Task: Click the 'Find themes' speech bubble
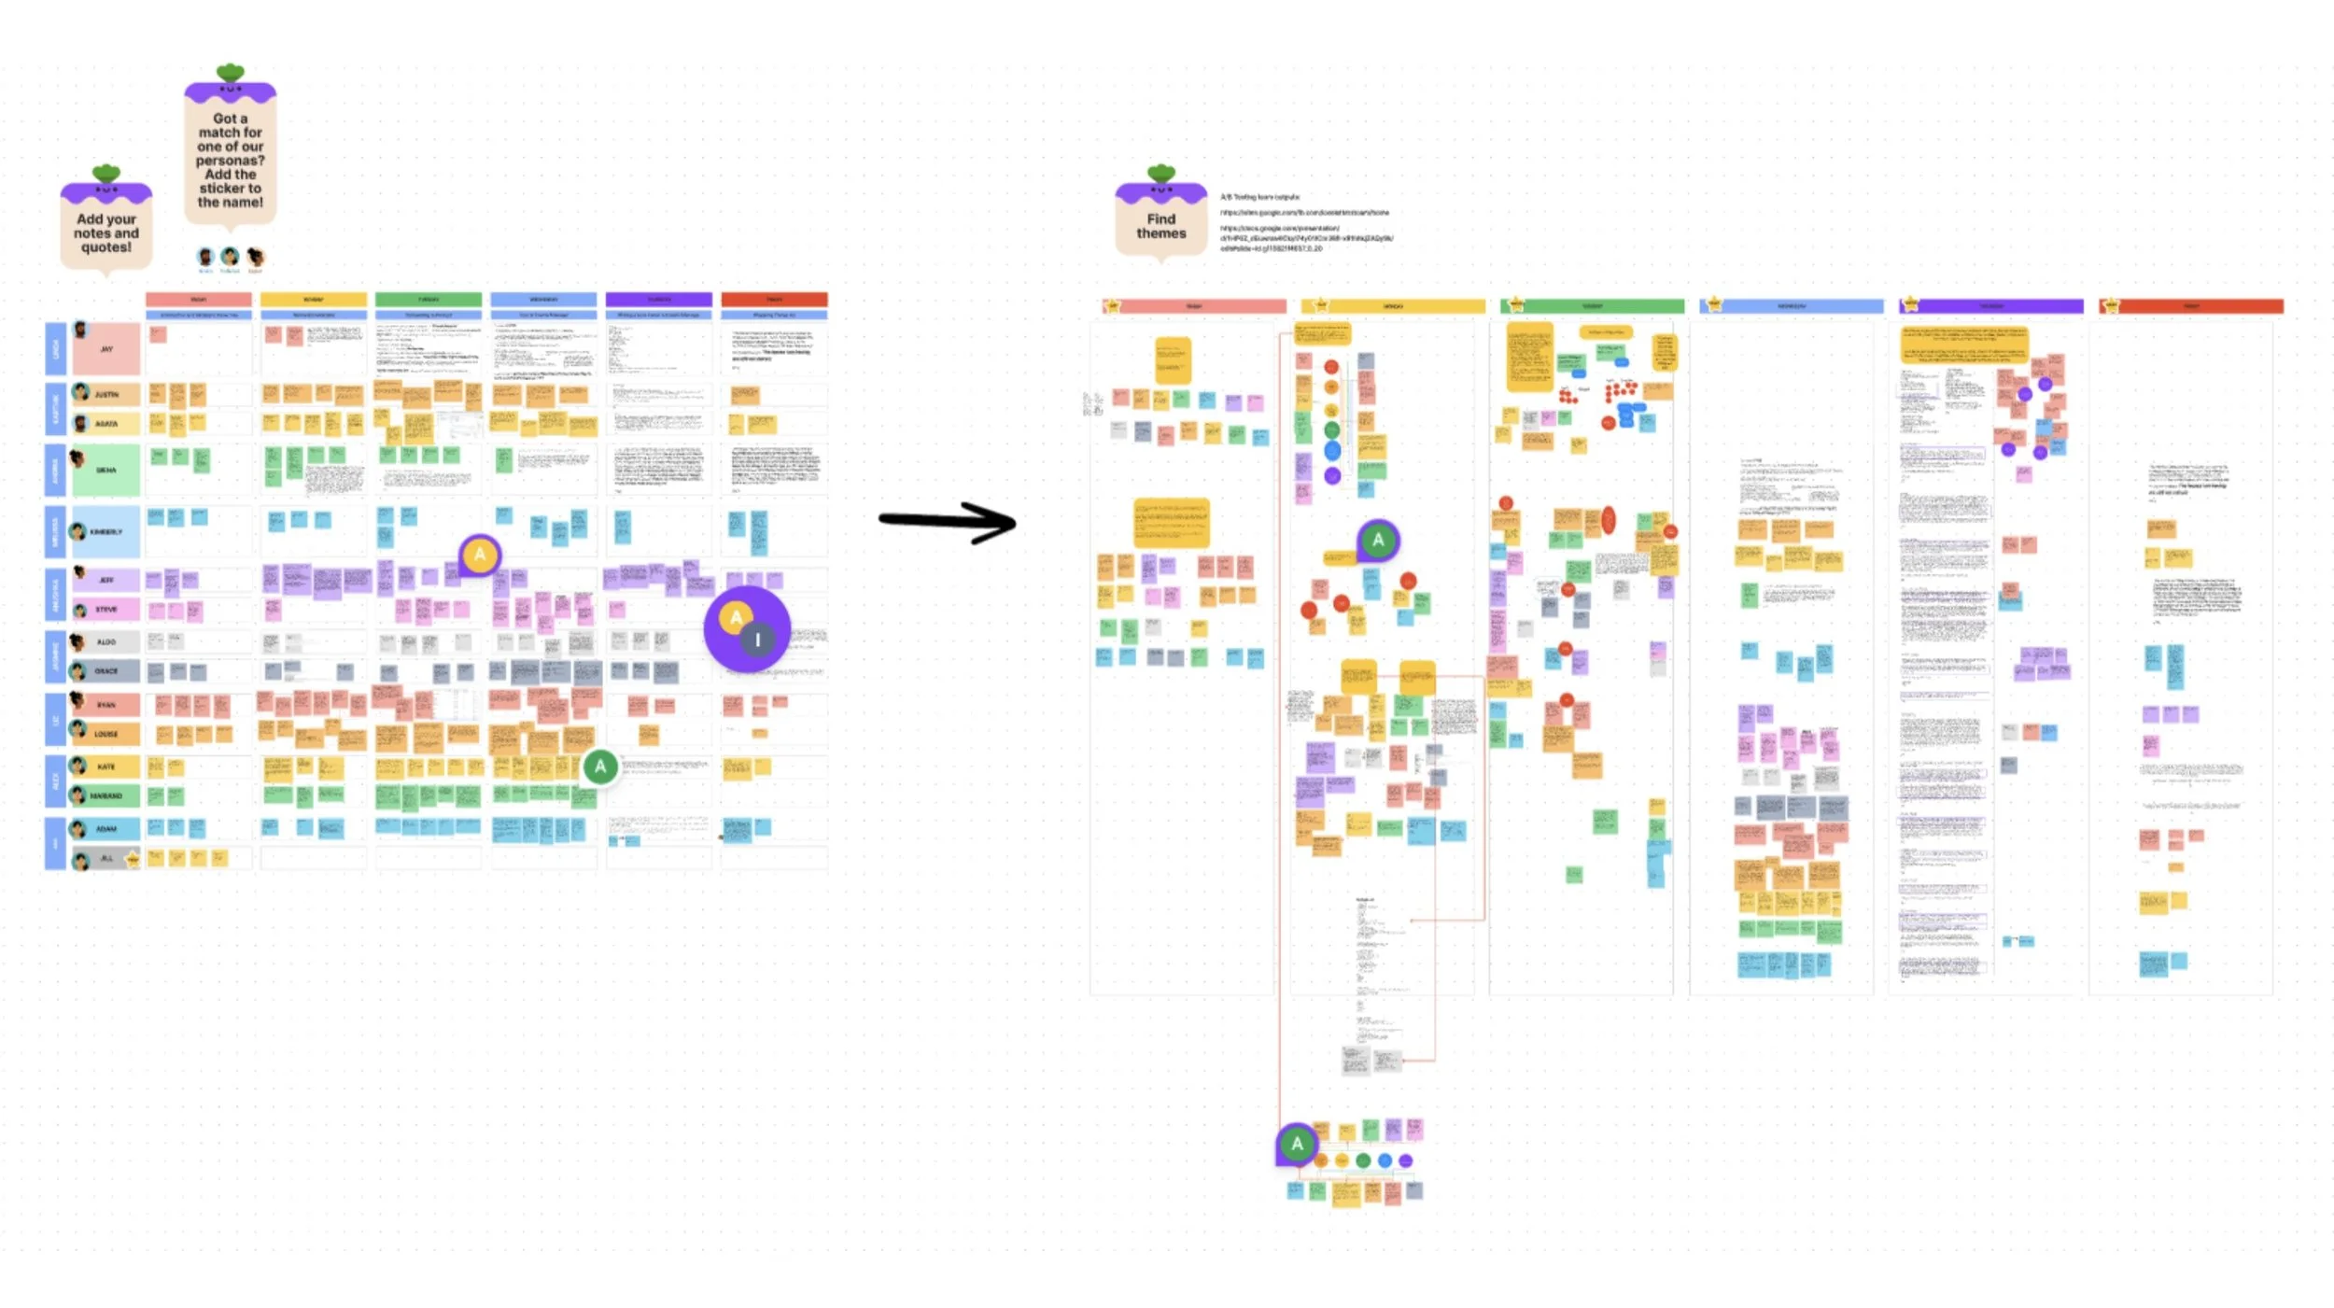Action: (x=1160, y=225)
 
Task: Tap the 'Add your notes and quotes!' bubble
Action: (x=105, y=232)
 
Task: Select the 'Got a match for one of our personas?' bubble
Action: (x=230, y=160)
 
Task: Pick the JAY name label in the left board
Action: (x=106, y=348)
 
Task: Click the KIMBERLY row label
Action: (x=105, y=531)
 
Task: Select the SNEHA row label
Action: (x=106, y=470)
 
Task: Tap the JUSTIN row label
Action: (x=105, y=394)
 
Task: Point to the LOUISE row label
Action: (x=105, y=734)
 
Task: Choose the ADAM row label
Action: (x=105, y=828)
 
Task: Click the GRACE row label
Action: (x=105, y=670)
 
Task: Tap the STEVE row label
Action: (x=105, y=609)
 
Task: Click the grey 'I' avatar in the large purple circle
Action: (x=757, y=640)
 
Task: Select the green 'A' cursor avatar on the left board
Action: (x=600, y=767)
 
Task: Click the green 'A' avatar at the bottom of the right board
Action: (x=1297, y=1144)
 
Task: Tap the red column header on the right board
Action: (x=2190, y=306)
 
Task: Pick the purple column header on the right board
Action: (x=1990, y=306)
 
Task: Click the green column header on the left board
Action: (x=429, y=300)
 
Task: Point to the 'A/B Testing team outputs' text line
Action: (x=1259, y=197)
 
